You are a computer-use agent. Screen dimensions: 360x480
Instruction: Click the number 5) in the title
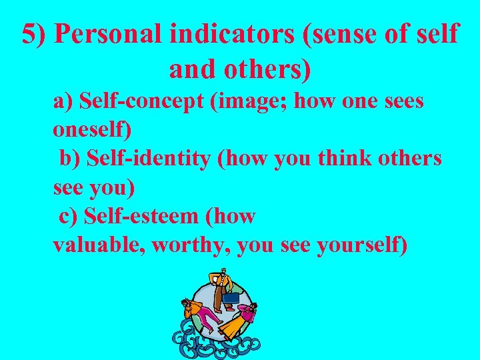(35, 35)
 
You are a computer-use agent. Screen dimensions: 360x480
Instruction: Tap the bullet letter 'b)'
(71, 159)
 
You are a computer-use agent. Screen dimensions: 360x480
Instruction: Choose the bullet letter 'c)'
(69, 215)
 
